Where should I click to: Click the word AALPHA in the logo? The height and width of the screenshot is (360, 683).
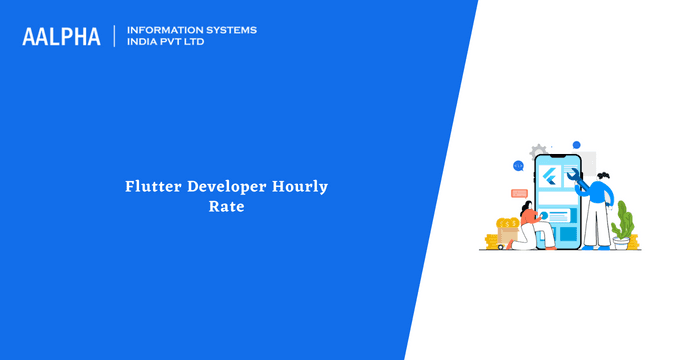[61, 37]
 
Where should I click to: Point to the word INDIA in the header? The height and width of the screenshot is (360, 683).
[144, 43]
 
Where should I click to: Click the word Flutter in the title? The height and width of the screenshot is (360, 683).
[154, 187]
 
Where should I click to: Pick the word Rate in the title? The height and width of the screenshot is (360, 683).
[226, 209]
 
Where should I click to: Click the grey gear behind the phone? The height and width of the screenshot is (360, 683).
[539, 149]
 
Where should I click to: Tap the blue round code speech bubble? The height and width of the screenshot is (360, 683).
[518, 166]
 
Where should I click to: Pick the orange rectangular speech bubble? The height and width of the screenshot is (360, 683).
[519, 192]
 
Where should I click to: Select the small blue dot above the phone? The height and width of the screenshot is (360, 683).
[576, 145]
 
